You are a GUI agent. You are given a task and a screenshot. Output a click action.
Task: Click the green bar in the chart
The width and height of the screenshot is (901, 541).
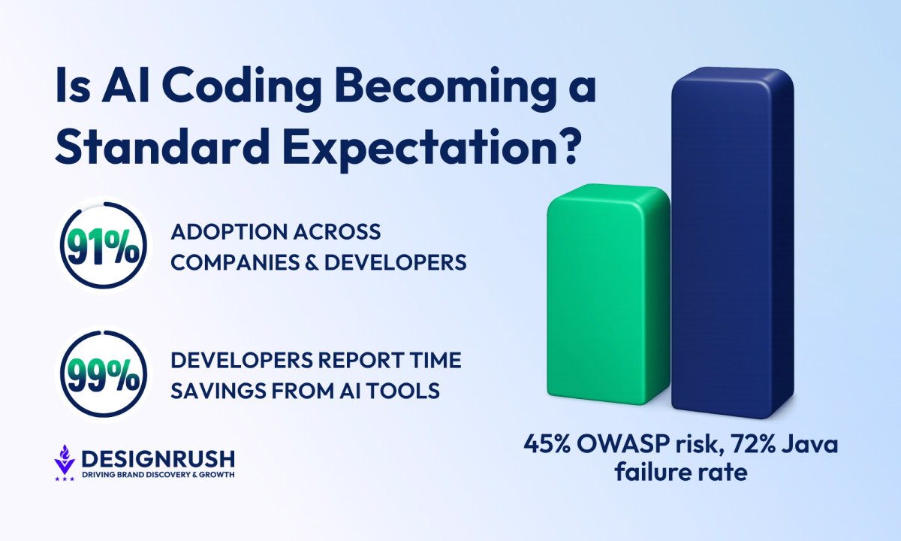point(608,294)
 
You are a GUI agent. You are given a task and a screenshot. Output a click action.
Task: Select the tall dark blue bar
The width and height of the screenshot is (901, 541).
point(733,243)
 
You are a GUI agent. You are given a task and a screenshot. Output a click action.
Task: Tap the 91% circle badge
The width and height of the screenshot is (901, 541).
point(104,246)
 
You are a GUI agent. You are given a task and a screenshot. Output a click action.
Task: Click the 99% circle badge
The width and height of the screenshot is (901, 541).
point(104,374)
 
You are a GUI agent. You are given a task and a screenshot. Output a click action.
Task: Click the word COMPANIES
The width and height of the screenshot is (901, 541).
point(235,262)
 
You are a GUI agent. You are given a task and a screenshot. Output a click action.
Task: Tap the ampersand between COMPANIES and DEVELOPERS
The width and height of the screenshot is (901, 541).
point(312,262)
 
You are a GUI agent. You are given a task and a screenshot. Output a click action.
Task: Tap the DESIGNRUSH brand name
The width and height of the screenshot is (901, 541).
point(158,459)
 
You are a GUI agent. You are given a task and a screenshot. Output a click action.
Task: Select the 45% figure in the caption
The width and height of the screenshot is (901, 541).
point(547,444)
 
